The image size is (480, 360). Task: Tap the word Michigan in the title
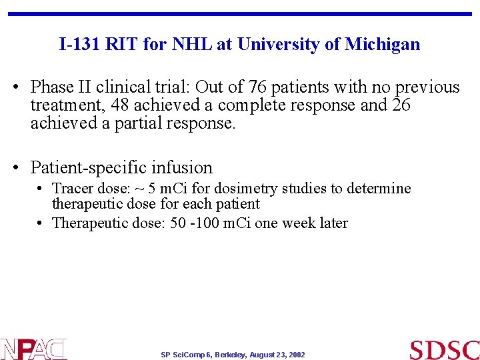[x=383, y=45]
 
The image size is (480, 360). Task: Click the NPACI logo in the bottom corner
[x=33, y=349]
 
